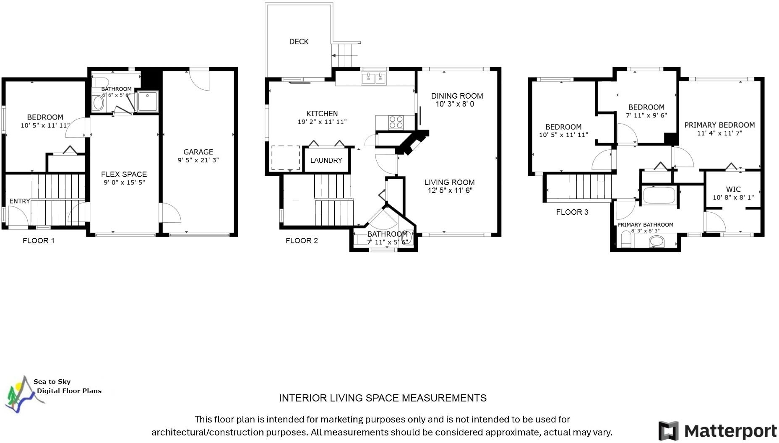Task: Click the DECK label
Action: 299,42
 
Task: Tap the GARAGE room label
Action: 198,152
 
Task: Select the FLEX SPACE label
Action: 124,174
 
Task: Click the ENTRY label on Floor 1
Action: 20,201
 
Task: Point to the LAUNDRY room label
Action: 326,160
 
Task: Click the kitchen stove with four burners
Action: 396,122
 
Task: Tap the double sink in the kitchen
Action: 373,78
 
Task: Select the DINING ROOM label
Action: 457,96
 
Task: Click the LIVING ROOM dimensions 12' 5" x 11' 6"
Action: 450,190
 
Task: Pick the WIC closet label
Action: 733,189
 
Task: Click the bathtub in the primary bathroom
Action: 659,195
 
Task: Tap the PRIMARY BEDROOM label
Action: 719,125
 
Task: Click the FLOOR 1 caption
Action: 39,240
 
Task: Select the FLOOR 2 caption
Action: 302,240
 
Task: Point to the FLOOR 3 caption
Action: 572,212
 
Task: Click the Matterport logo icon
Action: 668,431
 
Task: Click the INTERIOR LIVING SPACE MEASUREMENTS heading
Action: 383,398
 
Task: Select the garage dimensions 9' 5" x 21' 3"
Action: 198,160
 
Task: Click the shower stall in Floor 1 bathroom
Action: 148,102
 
